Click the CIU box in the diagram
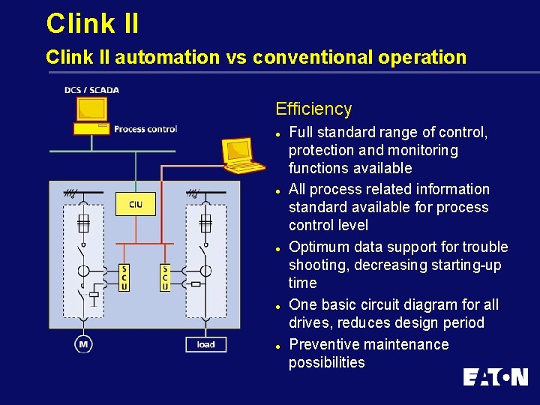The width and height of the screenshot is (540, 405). (136, 204)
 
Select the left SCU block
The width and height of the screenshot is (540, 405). (124, 277)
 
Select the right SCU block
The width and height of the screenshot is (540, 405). (165, 277)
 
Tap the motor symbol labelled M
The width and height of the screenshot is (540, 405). (83, 344)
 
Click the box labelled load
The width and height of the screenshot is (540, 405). (205, 344)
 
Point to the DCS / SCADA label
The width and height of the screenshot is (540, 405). (91, 90)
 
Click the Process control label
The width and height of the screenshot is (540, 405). (145, 129)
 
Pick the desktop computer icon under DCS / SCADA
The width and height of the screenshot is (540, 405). (91, 114)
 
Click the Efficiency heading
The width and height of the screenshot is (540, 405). (313, 109)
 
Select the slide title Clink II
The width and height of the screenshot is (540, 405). (92, 23)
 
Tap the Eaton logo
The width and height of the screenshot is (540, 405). (495, 376)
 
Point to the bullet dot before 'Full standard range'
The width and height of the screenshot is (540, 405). (278, 133)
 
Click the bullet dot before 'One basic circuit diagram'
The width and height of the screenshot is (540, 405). (278, 305)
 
